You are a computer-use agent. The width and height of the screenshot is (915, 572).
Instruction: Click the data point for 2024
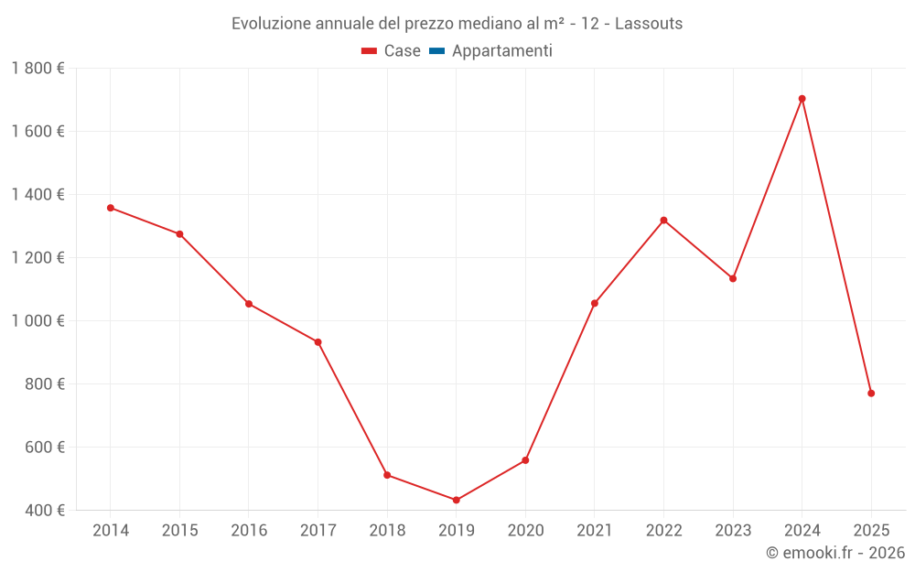click(802, 99)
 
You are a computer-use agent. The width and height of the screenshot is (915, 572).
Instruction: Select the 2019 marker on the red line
click(456, 500)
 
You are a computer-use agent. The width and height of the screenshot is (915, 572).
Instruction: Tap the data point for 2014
click(111, 208)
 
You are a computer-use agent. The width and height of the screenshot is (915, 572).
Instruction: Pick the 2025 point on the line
click(871, 394)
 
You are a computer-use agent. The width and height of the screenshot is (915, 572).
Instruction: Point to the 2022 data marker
click(663, 221)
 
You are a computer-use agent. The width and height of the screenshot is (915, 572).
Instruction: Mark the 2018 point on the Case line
click(387, 475)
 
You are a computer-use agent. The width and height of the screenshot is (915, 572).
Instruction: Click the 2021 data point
click(595, 303)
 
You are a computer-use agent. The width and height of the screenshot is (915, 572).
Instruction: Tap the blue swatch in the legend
click(436, 51)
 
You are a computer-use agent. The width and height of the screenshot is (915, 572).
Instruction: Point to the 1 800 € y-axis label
click(38, 69)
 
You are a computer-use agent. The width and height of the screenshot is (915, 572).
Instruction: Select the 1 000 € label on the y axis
click(38, 321)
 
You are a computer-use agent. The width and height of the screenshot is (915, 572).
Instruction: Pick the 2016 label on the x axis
click(249, 531)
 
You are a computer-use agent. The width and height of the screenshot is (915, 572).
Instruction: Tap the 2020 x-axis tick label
click(525, 531)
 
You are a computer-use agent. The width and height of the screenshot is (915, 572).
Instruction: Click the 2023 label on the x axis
click(733, 531)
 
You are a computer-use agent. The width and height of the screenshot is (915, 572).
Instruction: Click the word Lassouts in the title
click(649, 24)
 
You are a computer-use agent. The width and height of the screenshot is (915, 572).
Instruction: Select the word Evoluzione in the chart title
click(271, 24)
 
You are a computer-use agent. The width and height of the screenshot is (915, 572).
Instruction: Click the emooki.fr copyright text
click(834, 553)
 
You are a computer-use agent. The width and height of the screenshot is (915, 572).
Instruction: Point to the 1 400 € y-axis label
click(38, 195)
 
